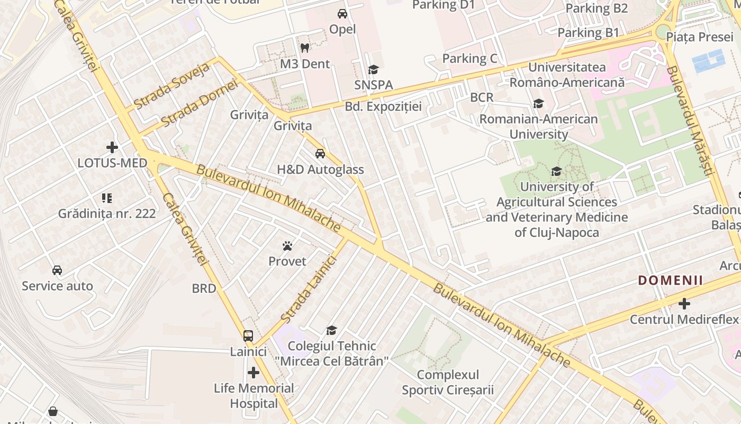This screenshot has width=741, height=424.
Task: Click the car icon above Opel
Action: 342,14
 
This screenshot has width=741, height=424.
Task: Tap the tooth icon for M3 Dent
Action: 304,48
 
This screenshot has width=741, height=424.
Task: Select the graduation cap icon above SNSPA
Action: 373,70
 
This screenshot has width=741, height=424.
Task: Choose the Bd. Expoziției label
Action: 383,107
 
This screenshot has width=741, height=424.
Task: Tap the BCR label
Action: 482,98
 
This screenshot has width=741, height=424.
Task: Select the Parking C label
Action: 469,58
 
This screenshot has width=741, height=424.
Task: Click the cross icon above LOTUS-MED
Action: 112,147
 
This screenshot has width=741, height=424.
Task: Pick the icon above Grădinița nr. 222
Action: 107,198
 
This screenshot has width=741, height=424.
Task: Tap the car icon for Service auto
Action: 57,270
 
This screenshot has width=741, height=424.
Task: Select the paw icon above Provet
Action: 287,246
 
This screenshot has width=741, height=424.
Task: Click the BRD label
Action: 204,288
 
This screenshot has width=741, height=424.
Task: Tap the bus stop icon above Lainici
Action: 248,335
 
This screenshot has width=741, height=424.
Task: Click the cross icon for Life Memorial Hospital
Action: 254,373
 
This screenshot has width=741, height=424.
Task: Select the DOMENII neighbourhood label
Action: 670,280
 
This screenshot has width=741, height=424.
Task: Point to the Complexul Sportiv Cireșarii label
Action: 447,383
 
